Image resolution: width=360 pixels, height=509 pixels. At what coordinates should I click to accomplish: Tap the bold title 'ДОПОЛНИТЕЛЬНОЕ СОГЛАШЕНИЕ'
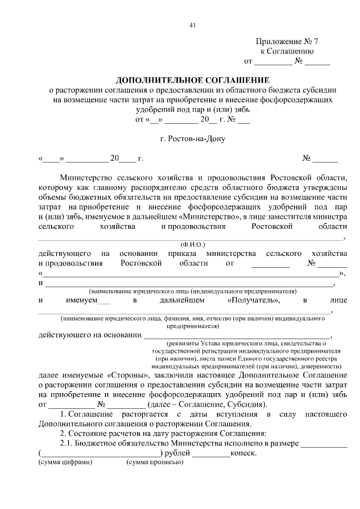[192, 80]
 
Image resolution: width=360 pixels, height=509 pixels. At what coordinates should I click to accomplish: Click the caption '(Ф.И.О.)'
[192, 245]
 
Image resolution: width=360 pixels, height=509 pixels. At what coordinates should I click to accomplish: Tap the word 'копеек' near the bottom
[244, 453]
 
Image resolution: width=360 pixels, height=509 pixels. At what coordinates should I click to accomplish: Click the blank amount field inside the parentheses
[101, 453]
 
